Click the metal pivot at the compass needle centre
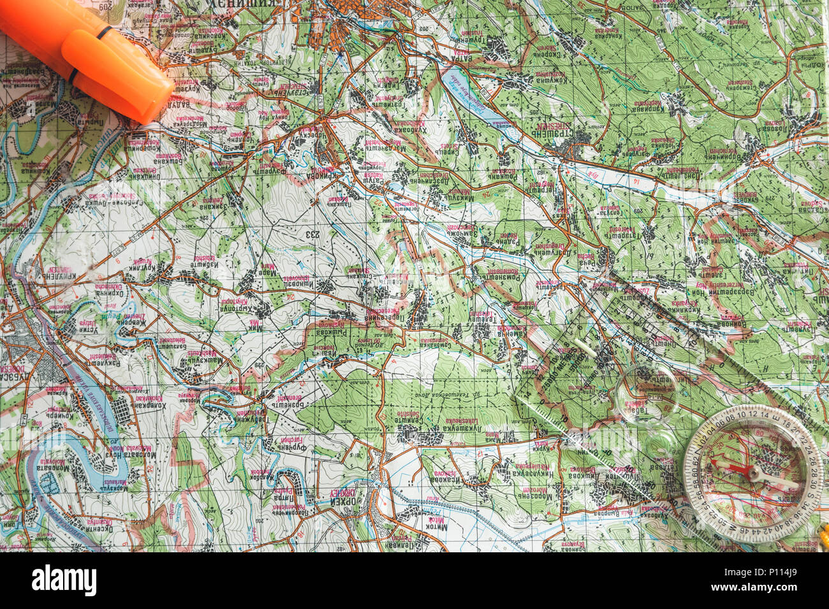pos(754,474)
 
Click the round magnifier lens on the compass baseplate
pos(647,386)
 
